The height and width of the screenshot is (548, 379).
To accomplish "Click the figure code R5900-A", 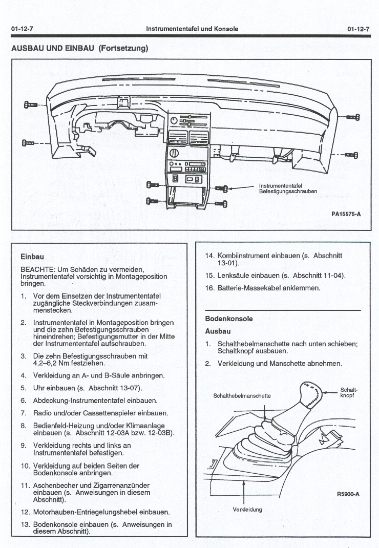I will pos(348,494).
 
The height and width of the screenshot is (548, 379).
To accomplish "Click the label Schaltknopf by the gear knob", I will pos(349,393).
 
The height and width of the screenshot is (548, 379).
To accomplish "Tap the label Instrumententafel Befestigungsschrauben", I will pos(288,189).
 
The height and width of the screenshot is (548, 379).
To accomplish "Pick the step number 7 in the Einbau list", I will pos(24,413).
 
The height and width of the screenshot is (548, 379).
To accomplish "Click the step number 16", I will pos(209,288).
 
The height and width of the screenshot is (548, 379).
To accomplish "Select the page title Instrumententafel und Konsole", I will pos(192,29).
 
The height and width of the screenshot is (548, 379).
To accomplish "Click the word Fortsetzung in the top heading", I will pos(123,49).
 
